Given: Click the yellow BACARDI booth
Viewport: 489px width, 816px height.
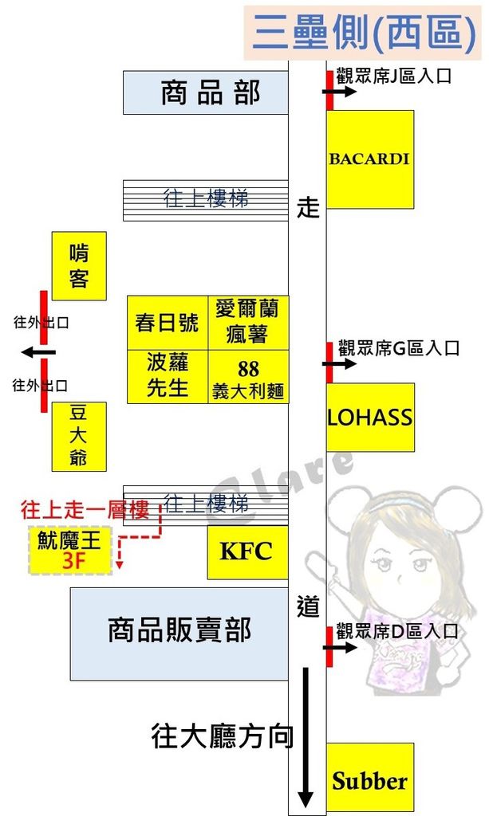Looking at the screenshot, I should coord(370,159).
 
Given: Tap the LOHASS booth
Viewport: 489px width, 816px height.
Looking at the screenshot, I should coord(370,417).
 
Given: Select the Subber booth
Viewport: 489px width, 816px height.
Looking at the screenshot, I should coord(370,779).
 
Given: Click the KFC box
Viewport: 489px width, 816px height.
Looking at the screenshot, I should coord(247,551).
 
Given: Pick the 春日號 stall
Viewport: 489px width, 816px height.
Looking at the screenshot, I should coord(167,323).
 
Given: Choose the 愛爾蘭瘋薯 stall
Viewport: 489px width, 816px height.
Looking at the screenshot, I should coord(248,322).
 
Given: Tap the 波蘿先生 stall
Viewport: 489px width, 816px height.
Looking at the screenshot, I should coord(167,376).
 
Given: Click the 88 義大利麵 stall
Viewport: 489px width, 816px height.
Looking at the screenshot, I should coord(248,377).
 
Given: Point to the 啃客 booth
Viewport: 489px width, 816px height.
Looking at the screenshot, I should coord(79,265).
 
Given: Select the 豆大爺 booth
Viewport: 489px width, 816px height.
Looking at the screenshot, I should coord(79,436).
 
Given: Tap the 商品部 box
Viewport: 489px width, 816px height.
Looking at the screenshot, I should coord(205,92).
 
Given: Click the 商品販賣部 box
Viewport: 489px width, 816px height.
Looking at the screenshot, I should coord(179,634).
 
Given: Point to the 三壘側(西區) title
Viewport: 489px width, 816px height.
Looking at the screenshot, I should coord(365,32).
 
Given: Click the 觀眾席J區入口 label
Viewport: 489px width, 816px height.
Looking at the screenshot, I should coord(394,77).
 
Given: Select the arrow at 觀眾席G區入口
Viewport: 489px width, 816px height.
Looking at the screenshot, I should coord(340,364).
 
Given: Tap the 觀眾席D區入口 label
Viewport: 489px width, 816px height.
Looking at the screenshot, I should coord(397,632).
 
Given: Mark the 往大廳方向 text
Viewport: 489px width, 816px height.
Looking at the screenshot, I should coord(223,736).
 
